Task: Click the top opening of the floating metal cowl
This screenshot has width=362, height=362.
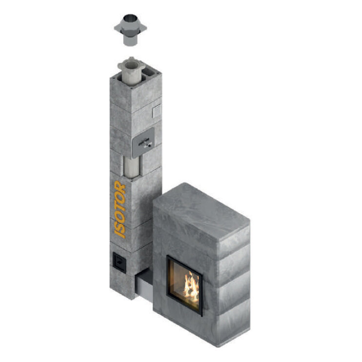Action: (130, 18)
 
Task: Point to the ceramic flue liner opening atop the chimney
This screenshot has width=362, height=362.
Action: (131, 65)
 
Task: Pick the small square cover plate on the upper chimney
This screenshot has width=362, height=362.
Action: (157, 111)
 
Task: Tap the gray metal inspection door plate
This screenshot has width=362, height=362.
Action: (143, 142)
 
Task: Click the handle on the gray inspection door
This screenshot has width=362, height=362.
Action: (145, 143)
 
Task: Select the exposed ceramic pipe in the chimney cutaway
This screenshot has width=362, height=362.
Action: (132, 166)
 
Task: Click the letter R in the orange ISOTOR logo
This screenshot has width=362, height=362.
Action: (120, 187)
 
